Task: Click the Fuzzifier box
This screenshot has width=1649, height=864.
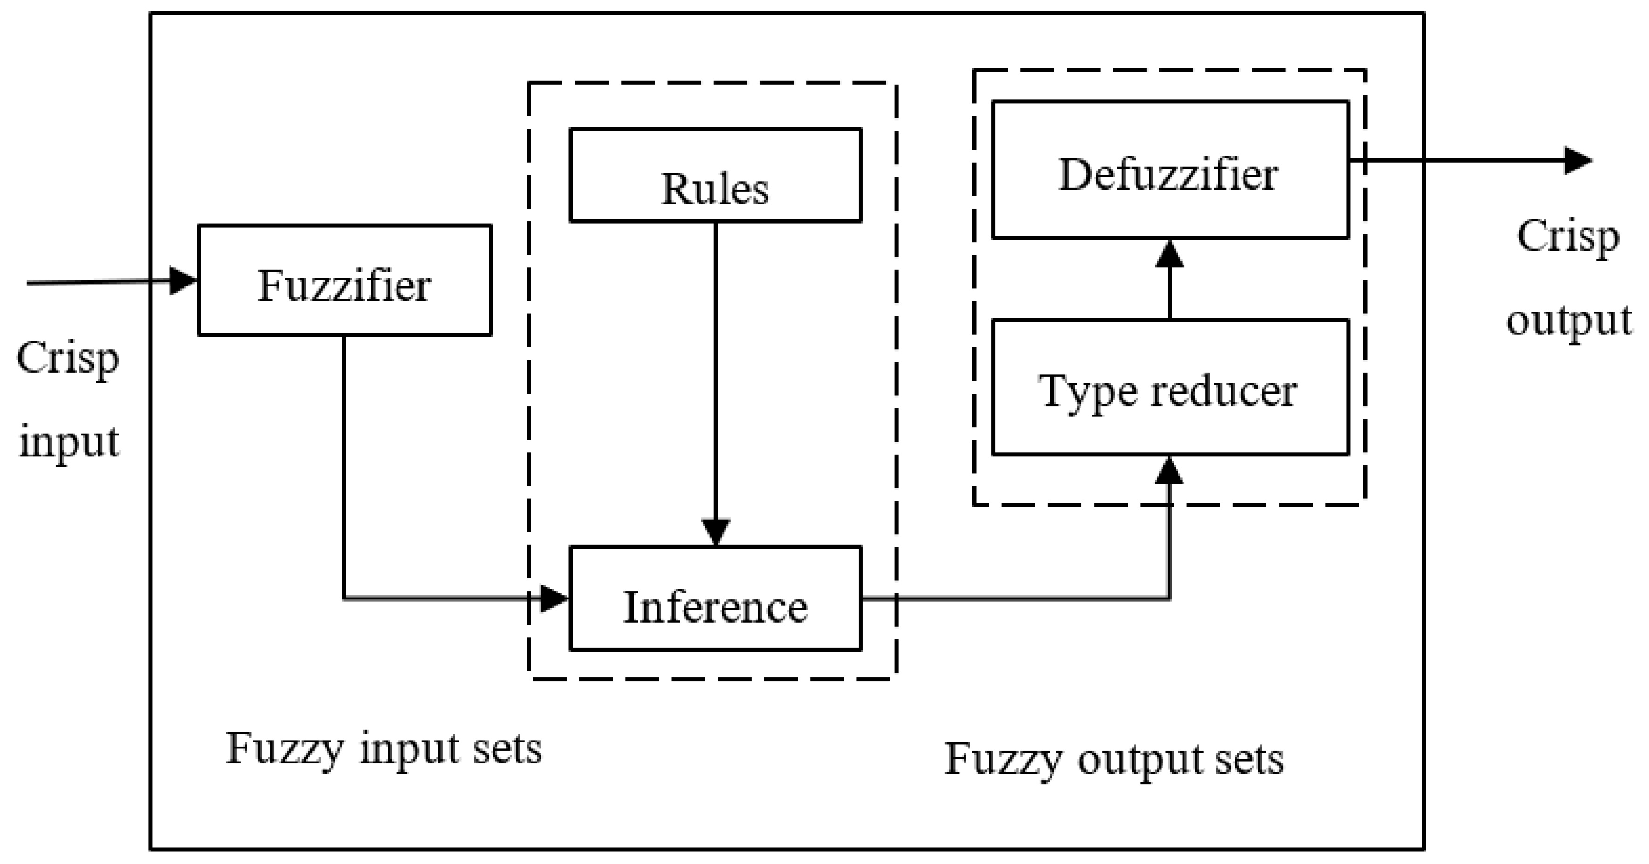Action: click(x=344, y=279)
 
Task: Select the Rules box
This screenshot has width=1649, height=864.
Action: click(x=715, y=175)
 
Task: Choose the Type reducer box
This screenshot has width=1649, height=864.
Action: click(x=1170, y=388)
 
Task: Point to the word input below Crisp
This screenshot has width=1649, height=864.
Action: click(x=69, y=442)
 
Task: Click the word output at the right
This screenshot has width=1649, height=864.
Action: click(x=1569, y=320)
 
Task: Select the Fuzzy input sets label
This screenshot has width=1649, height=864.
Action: click(x=384, y=749)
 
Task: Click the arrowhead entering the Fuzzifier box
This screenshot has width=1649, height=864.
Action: click(x=183, y=280)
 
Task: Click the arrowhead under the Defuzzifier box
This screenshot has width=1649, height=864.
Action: click(x=1170, y=254)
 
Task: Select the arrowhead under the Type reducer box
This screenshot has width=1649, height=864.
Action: click(x=1170, y=470)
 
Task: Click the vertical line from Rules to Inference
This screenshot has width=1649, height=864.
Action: click(x=716, y=371)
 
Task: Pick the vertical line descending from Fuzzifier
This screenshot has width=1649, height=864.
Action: click(x=344, y=467)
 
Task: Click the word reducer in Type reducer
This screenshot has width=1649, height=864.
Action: click(x=1223, y=390)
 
